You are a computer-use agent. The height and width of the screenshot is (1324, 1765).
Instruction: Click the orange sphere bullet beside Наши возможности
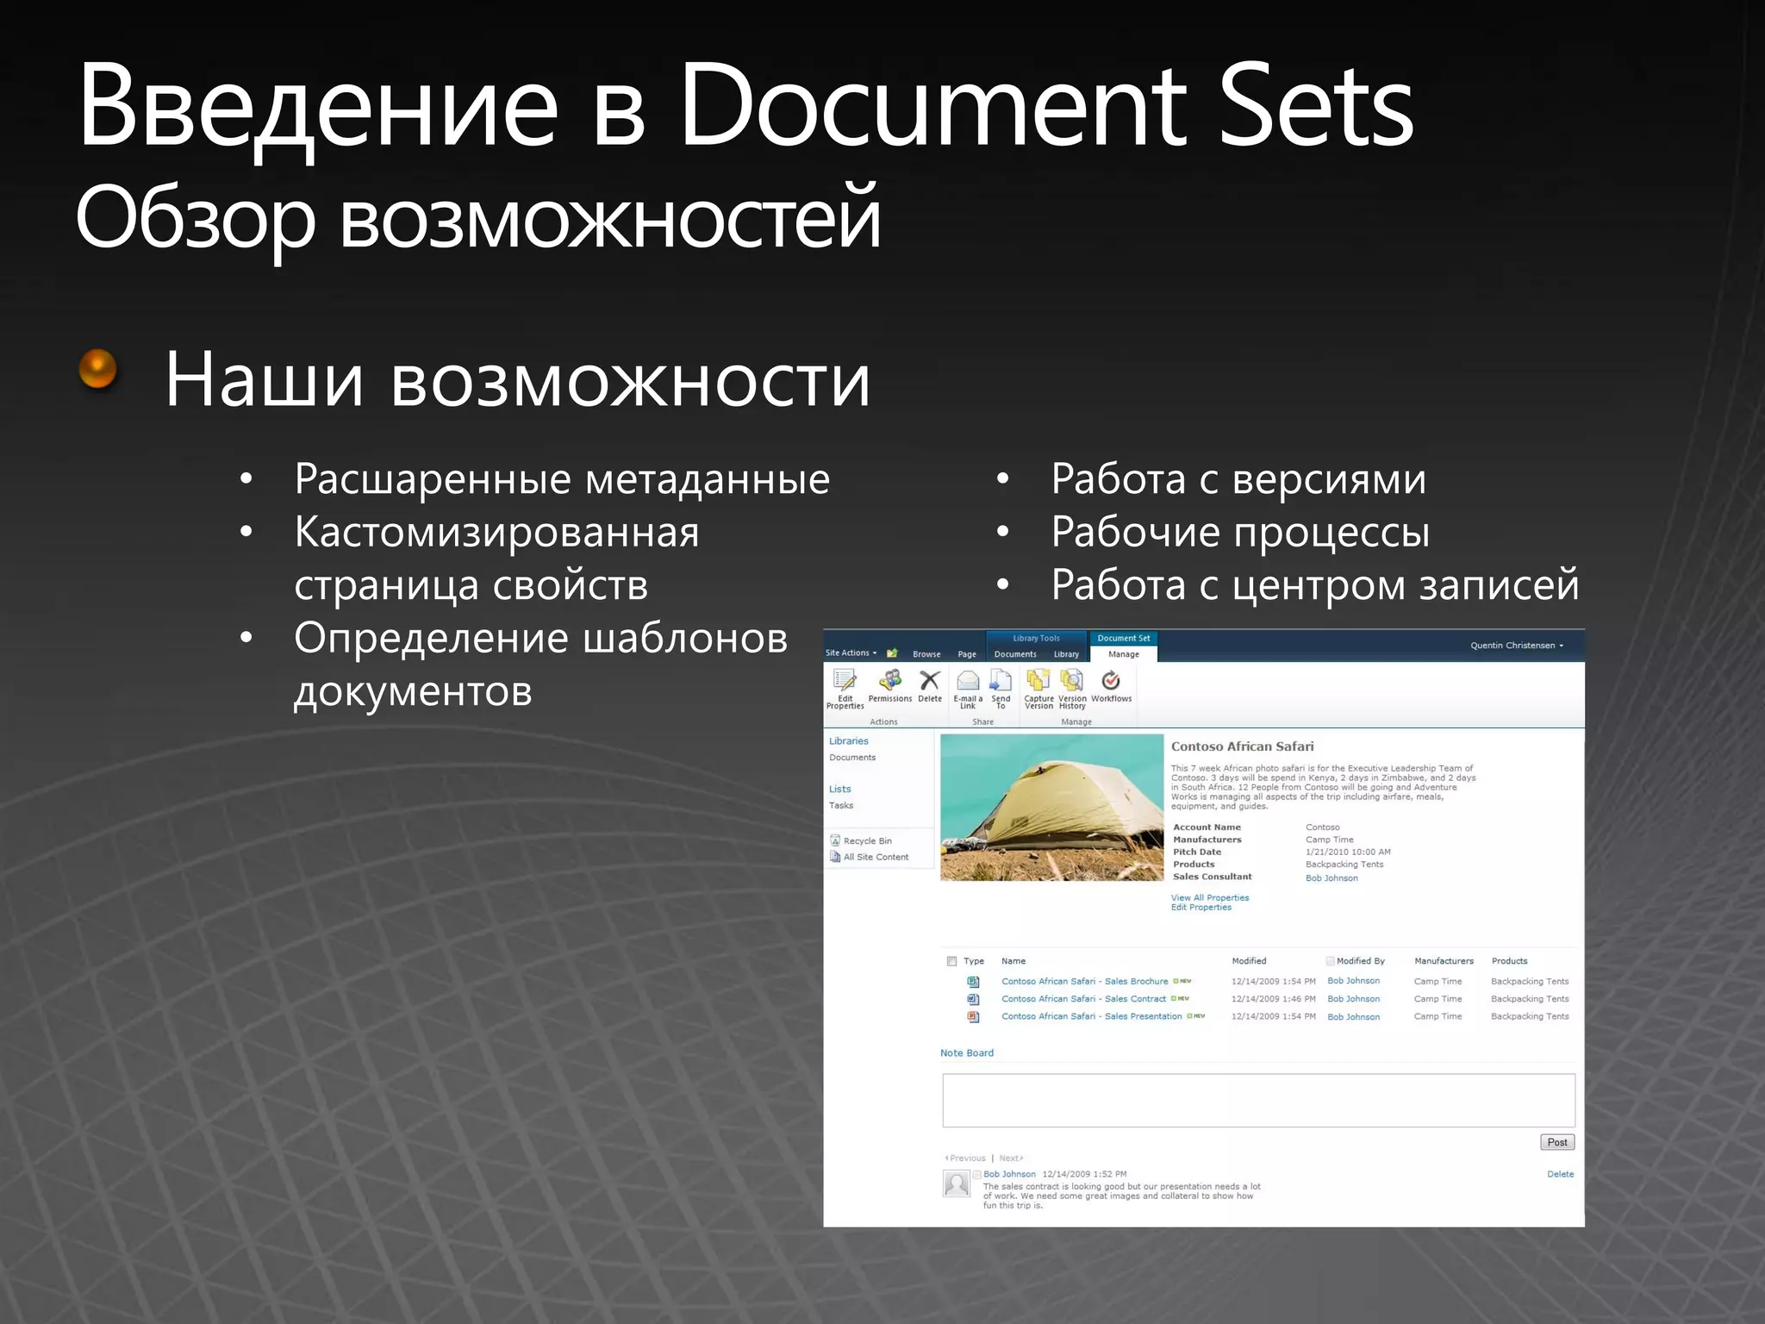97,369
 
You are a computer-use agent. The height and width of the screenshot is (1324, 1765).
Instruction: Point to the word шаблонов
685,639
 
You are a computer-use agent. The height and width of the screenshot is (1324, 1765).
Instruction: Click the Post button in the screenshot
1556,1142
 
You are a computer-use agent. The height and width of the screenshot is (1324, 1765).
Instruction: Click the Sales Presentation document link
1091,1016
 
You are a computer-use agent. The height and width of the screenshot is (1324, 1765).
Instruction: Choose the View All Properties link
1209,897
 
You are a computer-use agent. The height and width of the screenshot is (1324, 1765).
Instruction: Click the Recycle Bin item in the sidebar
867,840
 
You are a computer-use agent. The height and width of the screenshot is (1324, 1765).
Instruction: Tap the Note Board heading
966,1052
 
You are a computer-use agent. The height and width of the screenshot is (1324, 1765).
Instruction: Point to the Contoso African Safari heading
1242,746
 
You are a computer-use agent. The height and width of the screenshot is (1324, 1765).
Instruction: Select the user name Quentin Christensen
1512,645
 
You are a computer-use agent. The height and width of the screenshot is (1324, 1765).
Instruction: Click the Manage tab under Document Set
1123,654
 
